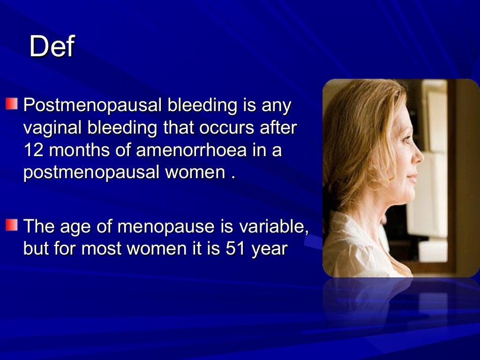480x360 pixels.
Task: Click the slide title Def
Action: pyautogui.click(x=52, y=47)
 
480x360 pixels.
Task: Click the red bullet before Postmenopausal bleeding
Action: pyautogui.click(x=11, y=104)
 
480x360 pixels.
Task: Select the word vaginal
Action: pyautogui.click(x=52, y=128)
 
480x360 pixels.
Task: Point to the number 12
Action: pyautogui.click(x=34, y=150)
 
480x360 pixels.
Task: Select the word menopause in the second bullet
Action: pyautogui.click(x=166, y=226)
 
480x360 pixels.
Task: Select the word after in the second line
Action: pyautogui.click(x=279, y=128)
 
